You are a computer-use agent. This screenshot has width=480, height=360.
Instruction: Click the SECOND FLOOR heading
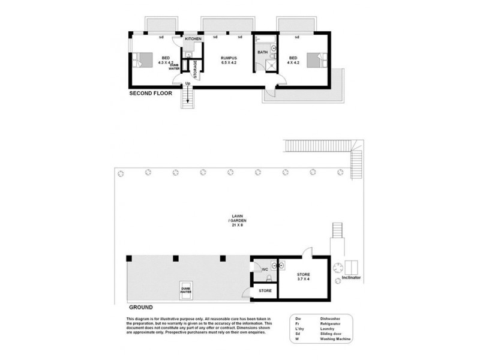click(x=151, y=94)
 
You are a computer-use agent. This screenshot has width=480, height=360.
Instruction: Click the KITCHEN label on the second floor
click(x=193, y=38)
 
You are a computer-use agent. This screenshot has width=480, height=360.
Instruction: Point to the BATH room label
click(x=263, y=52)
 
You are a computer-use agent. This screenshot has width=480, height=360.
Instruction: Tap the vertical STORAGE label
click(x=196, y=68)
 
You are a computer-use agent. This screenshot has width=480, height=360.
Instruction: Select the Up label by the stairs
click(x=188, y=83)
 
